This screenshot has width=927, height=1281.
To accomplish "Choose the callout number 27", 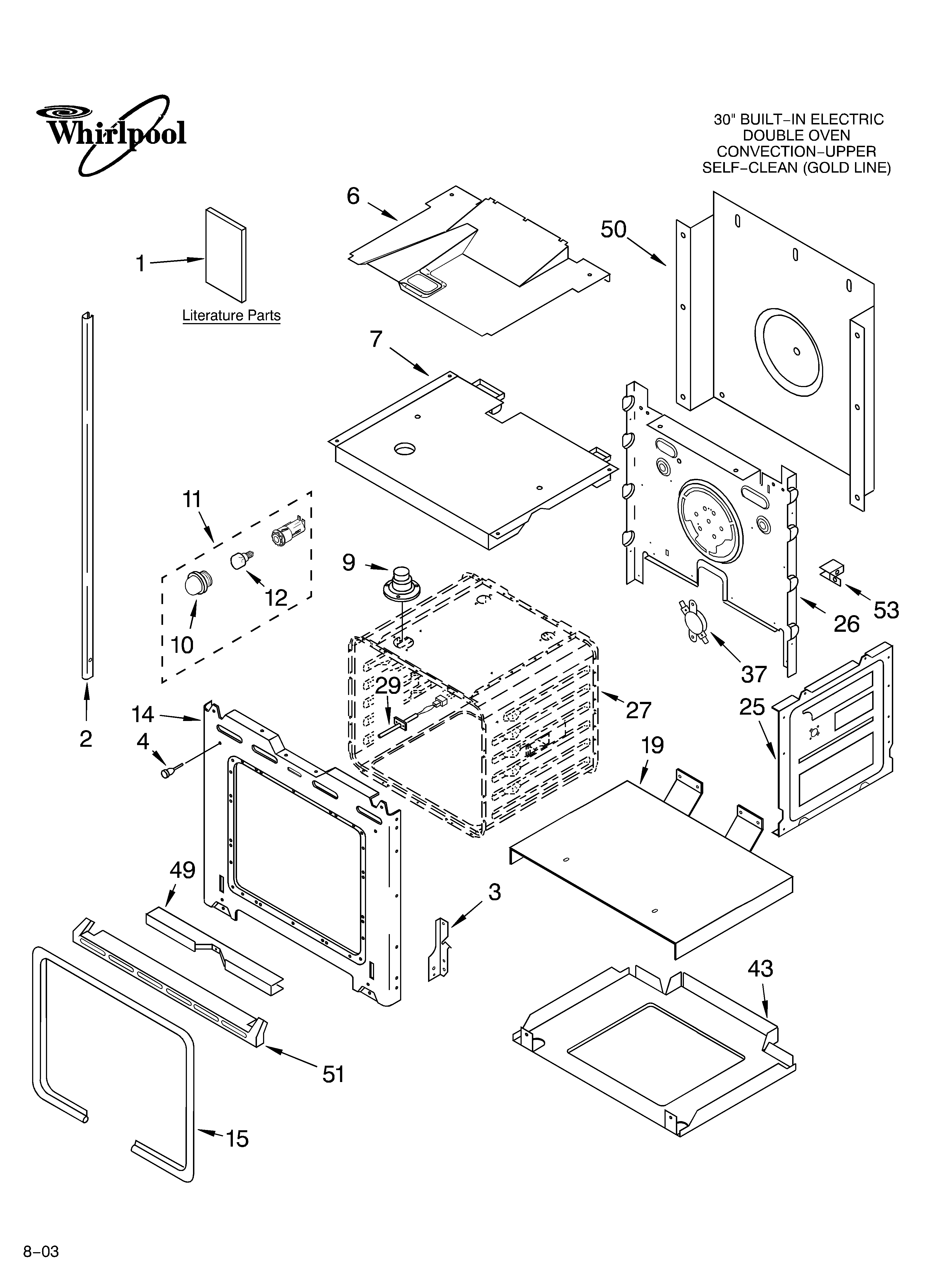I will [x=638, y=710].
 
